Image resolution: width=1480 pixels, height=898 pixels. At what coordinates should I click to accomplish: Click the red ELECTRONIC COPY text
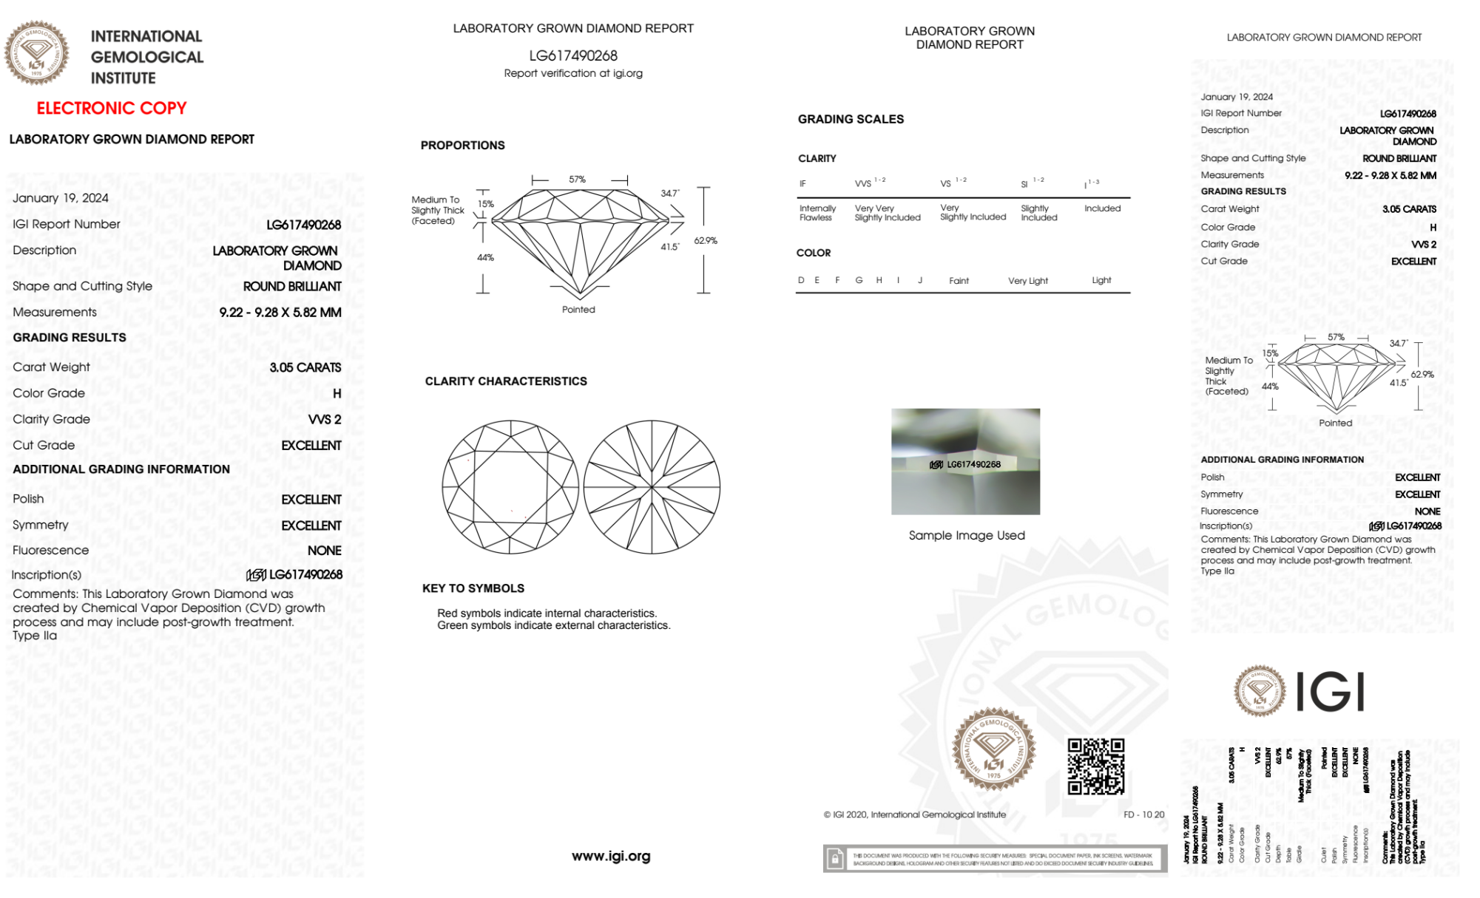(112, 109)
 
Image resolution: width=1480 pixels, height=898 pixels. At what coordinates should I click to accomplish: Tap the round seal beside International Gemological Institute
(36, 53)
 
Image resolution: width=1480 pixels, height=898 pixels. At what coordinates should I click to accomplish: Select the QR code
(1095, 766)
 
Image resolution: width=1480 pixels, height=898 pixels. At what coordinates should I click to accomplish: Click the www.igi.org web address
(611, 856)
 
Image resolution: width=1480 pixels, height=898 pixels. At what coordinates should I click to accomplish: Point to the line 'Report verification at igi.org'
(573, 73)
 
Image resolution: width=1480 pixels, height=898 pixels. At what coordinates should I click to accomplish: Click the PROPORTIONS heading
(462, 146)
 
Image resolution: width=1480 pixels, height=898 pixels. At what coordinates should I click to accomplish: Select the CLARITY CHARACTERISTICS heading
(506, 381)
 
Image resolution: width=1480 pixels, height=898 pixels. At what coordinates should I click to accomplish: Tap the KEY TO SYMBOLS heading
(473, 588)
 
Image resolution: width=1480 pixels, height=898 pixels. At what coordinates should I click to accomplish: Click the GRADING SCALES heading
(851, 119)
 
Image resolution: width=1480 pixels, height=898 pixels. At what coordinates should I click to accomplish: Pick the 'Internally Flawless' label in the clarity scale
(817, 213)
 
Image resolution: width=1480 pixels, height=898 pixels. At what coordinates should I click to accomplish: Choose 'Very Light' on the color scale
(1027, 281)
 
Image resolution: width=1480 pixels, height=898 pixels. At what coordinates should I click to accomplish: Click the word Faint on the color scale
(959, 281)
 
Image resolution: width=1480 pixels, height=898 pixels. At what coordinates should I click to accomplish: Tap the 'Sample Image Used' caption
(967, 535)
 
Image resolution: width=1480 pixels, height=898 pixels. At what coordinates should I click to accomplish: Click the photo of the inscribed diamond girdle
(965, 461)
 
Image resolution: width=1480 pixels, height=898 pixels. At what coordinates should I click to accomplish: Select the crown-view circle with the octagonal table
(510, 488)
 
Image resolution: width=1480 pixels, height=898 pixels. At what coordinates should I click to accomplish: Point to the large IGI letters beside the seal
(1331, 693)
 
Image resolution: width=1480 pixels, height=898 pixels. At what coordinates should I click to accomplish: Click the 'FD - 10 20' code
(1143, 814)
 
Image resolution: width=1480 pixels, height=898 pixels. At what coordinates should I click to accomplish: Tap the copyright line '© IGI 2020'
(915, 814)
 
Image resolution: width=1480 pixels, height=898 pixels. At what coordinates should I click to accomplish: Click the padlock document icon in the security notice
(835, 859)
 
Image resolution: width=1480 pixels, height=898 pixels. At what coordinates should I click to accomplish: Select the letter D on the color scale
(801, 280)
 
